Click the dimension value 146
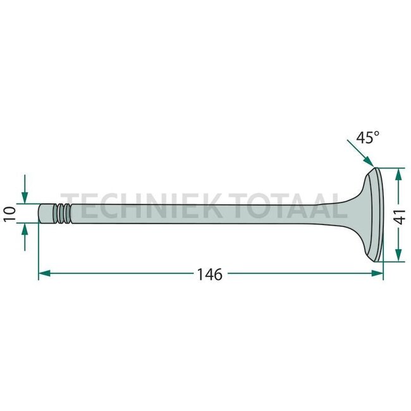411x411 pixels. [210, 274]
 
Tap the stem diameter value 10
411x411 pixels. [9, 213]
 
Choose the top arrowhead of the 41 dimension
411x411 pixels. [399, 171]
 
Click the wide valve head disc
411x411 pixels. [377, 214]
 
